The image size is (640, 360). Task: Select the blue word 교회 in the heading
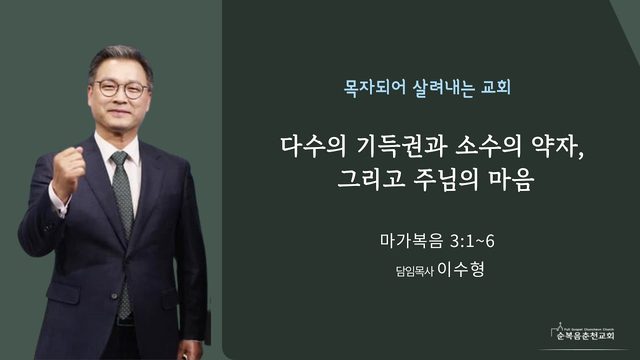click(x=496, y=87)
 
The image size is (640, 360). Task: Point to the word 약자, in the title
click(x=558, y=147)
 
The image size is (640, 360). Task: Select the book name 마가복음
click(x=411, y=241)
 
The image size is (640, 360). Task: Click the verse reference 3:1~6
click(x=472, y=241)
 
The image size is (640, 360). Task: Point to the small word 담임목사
click(x=414, y=271)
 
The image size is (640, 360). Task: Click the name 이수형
click(x=461, y=269)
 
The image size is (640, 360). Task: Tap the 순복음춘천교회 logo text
click(x=585, y=336)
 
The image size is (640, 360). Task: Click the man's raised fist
click(x=68, y=170)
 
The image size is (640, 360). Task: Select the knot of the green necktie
click(x=120, y=158)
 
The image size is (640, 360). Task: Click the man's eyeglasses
click(x=121, y=89)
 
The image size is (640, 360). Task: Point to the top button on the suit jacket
click(x=115, y=296)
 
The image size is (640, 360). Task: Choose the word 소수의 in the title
click(x=489, y=147)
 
